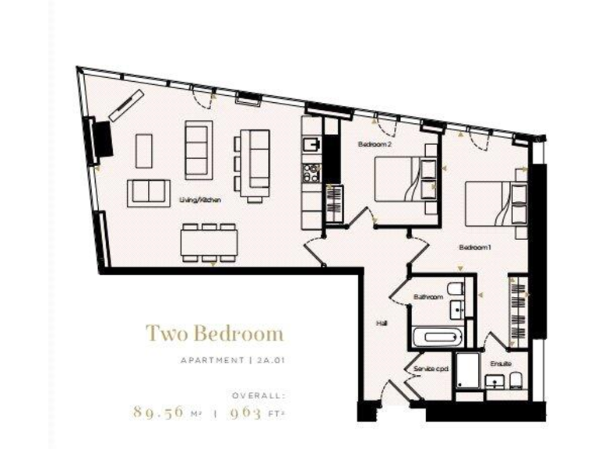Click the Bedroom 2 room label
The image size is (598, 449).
[375, 145]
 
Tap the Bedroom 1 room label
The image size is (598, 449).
[473, 248]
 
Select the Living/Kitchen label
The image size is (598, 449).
[201, 200]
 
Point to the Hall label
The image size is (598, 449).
[382, 321]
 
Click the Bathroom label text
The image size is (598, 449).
[428, 297]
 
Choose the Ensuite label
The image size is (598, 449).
[501, 362]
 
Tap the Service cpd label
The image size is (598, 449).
[429, 368]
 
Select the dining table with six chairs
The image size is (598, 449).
[208, 243]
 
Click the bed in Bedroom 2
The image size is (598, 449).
[399, 180]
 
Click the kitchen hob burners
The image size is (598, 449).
[310, 172]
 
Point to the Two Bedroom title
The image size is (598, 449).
[214, 335]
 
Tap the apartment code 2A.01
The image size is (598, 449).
[266, 360]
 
